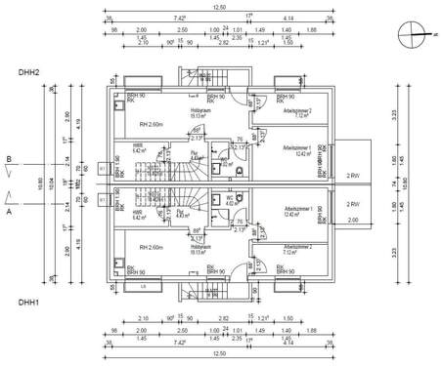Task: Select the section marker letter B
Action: pos(9,158)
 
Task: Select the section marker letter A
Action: pos(9,208)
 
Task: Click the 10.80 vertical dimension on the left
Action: pos(39,183)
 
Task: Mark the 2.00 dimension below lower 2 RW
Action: pos(352,221)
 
